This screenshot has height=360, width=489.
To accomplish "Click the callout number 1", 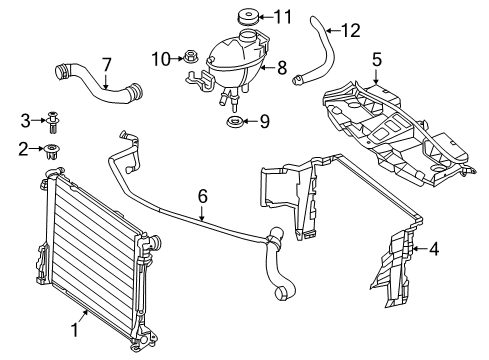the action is [x=75, y=330].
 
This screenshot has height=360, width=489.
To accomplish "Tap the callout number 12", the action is [x=351, y=31].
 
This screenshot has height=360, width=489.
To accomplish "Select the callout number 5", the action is [x=377, y=60].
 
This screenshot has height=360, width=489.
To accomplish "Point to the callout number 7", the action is [x=106, y=65].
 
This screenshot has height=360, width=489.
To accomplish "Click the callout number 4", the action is [x=434, y=249].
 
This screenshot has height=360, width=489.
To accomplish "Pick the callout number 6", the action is [x=203, y=196].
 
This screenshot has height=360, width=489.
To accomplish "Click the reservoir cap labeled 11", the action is [x=248, y=17].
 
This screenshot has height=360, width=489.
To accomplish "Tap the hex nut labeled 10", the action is [x=190, y=56].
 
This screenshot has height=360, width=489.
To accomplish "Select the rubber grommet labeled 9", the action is [x=235, y=121].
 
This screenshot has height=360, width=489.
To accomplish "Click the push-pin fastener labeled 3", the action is [x=53, y=122].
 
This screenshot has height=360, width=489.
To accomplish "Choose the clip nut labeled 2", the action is [x=52, y=151].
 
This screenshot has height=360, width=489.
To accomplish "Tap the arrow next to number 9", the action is [x=250, y=121].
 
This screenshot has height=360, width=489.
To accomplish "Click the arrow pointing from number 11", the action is [x=265, y=17].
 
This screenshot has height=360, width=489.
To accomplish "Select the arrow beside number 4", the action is [x=420, y=248].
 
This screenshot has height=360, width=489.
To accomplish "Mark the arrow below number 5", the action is [x=376, y=76].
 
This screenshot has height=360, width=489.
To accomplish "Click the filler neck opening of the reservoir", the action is [x=248, y=33].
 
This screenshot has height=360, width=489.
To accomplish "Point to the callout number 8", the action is [x=282, y=68].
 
